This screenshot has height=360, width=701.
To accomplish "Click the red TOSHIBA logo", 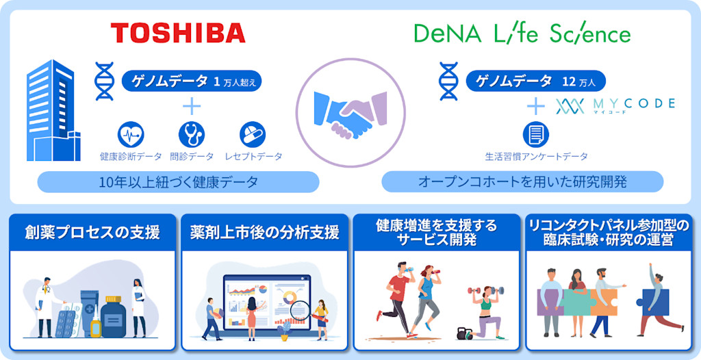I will tap(178, 32).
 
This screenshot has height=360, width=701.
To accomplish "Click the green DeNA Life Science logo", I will tap(522, 34).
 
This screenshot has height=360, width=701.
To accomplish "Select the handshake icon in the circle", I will tap(350, 112).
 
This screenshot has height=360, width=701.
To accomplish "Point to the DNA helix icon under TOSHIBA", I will tap(105, 81).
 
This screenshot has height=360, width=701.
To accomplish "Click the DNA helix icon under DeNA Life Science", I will tap(448, 81).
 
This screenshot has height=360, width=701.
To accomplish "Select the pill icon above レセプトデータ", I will tap(253, 135).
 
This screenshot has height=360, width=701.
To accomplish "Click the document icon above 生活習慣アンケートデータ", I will tap(535, 135).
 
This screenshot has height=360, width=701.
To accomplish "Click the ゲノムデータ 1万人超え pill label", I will tap(192, 81).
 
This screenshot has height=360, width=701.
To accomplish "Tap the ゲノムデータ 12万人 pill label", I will tap(535, 81).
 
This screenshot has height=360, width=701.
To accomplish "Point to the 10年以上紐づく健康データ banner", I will tap(178, 182).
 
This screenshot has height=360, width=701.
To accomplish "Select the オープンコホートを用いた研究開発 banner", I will tap(522, 182).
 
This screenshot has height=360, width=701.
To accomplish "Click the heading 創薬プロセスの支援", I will tap(92, 233).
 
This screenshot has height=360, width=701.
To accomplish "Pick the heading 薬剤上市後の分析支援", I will tap(264, 233).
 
